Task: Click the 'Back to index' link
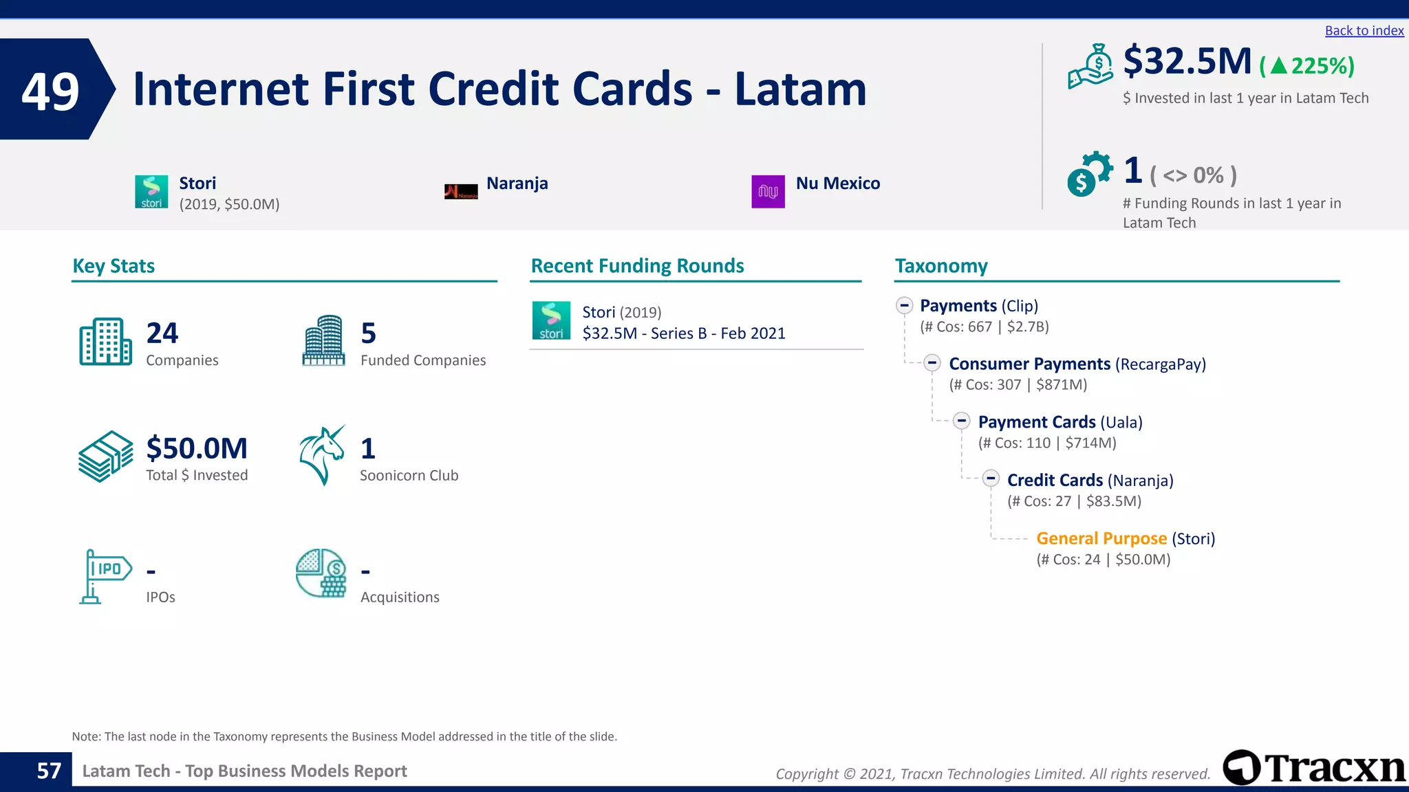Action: pos(1364,30)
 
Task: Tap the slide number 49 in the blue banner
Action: pos(50,91)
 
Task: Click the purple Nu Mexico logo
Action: pos(768,191)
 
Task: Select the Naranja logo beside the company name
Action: pos(461,192)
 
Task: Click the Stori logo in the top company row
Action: pos(151,191)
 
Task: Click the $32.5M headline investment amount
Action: pos(1187,61)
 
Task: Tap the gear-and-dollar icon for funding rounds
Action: pos(1089,174)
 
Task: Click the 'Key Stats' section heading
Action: pos(114,266)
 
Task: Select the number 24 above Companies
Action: pos(162,333)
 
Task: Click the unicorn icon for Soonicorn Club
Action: pos(322,455)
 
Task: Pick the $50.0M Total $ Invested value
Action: pos(197,448)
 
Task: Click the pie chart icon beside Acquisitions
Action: pos(321,573)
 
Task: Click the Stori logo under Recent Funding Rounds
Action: pos(551,320)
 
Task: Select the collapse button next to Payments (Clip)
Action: pos(904,305)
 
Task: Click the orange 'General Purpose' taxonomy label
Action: pos(1101,538)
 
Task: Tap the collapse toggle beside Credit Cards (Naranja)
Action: pos(991,478)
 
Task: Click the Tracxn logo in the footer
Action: pos(1313,767)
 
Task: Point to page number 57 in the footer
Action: pos(49,771)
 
